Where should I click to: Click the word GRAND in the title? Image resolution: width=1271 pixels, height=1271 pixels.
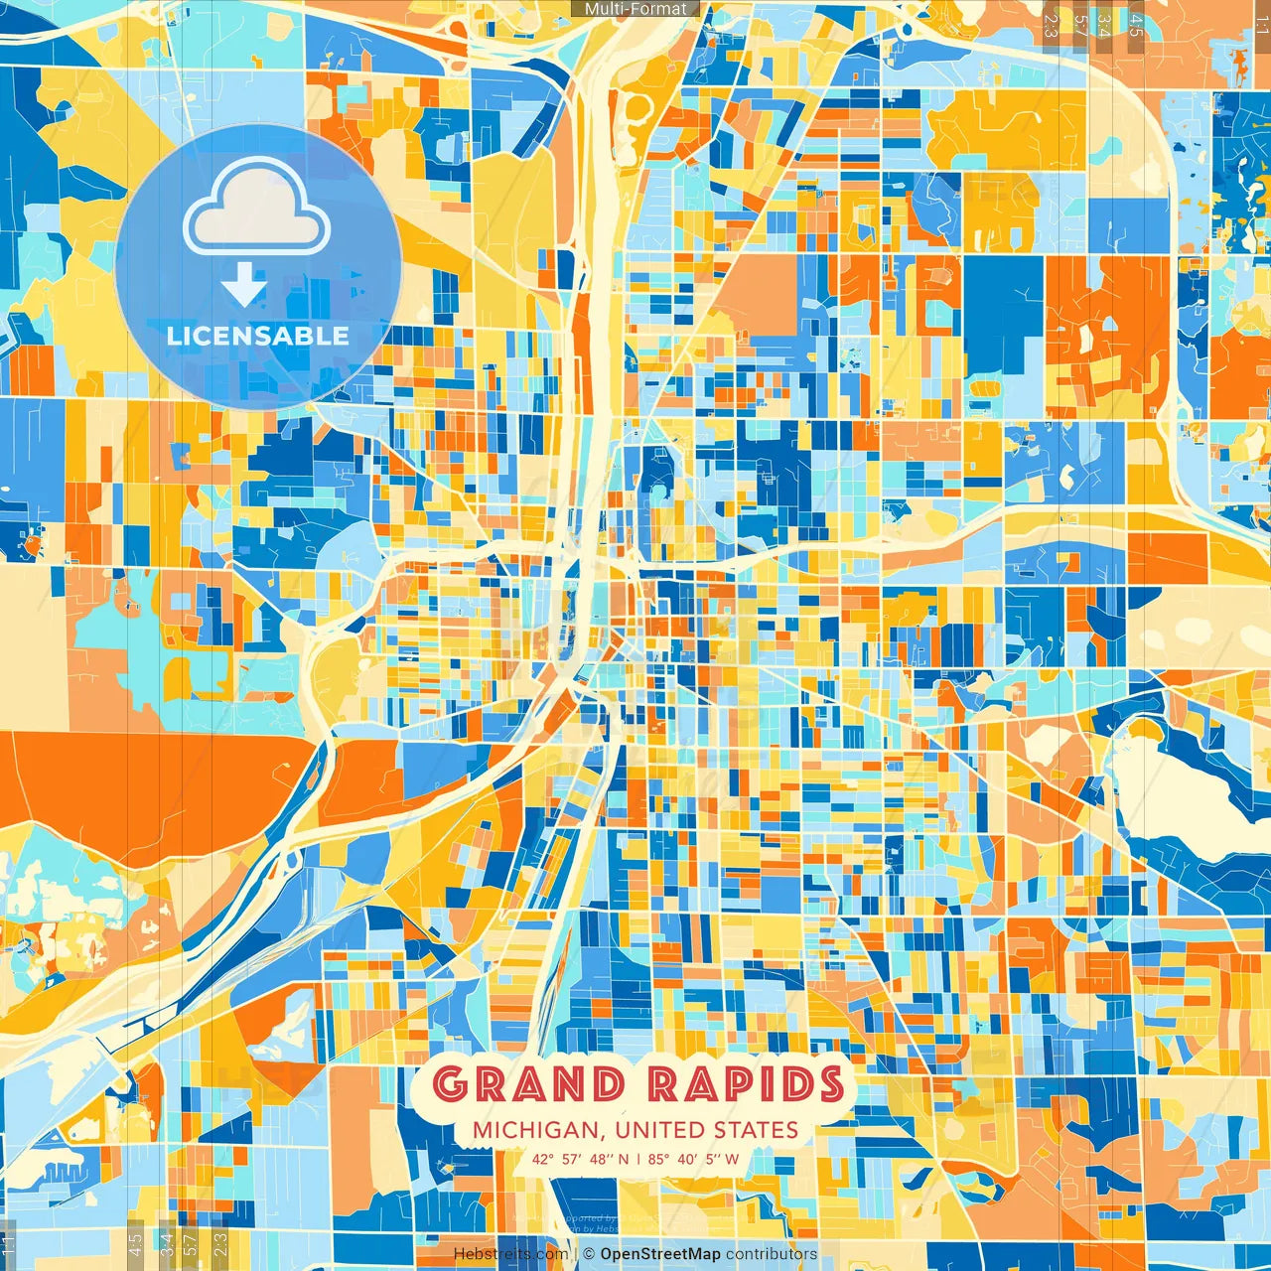(x=529, y=1084)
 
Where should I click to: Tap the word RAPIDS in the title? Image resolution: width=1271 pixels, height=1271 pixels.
(x=746, y=1084)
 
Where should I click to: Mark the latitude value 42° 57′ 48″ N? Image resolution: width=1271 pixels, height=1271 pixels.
(x=580, y=1159)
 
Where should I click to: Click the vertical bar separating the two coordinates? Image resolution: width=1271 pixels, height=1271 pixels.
(x=638, y=1159)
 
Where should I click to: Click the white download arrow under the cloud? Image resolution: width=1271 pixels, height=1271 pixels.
(x=243, y=284)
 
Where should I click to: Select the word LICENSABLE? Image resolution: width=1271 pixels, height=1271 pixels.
(x=258, y=336)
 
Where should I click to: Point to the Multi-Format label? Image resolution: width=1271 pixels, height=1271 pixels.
(x=635, y=9)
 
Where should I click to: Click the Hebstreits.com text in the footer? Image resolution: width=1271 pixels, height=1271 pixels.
(x=510, y=1254)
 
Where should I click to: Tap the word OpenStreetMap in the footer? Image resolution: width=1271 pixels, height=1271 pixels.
(x=660, y=1254)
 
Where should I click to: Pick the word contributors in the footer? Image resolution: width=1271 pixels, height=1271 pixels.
(x=772, y=1254)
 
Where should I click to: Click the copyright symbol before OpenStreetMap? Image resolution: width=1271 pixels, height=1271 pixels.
(x=589, y=1254)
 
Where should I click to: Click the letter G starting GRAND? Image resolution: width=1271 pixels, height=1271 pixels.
(x=452, y=1084)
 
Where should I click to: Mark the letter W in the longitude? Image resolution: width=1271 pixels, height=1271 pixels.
(x=732, y=1159)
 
